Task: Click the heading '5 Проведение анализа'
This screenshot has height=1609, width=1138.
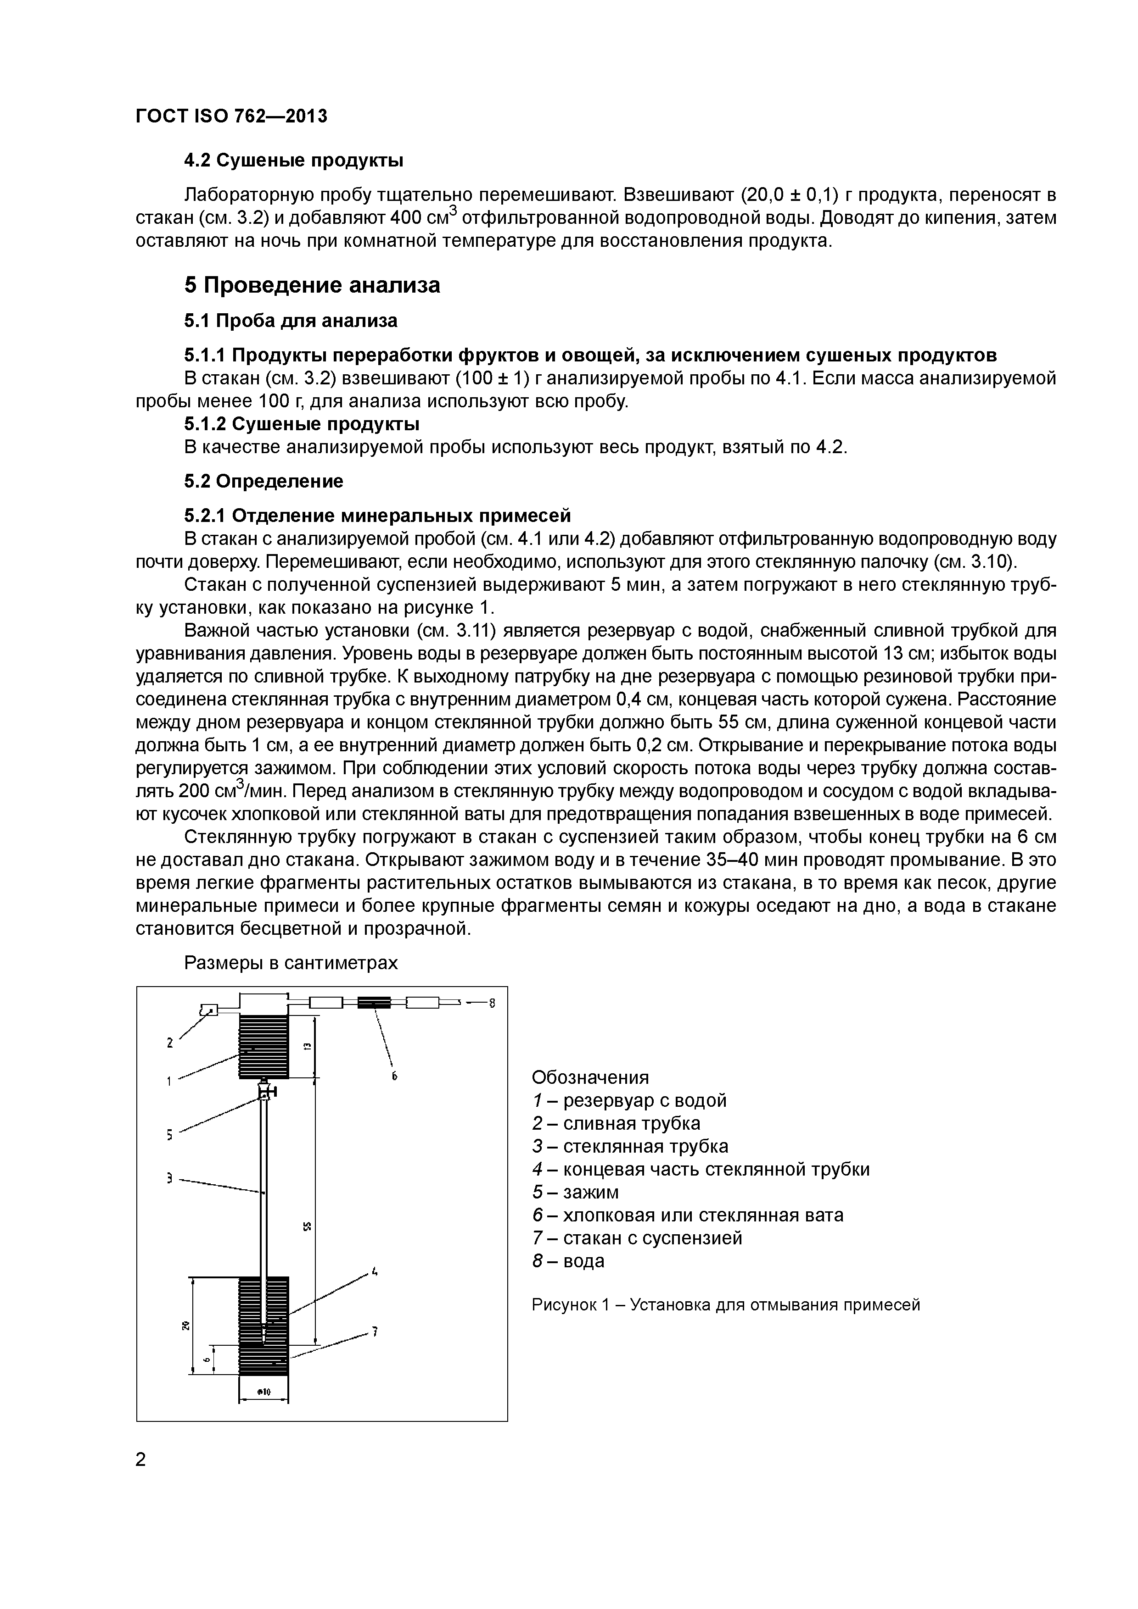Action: [x=312, y=286]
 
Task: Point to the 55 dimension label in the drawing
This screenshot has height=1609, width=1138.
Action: [x=306, y=1226]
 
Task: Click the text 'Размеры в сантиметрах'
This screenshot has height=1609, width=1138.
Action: [x=290, y=963]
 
